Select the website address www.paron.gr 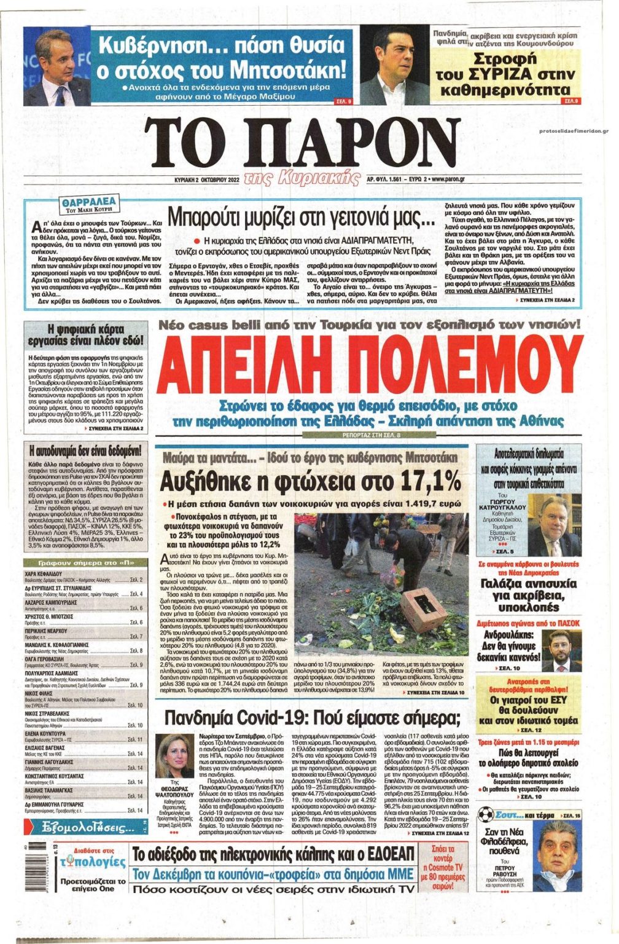click(439, 179)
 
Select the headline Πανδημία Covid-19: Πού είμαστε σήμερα click(313, 718)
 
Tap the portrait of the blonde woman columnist click(174, 756)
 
